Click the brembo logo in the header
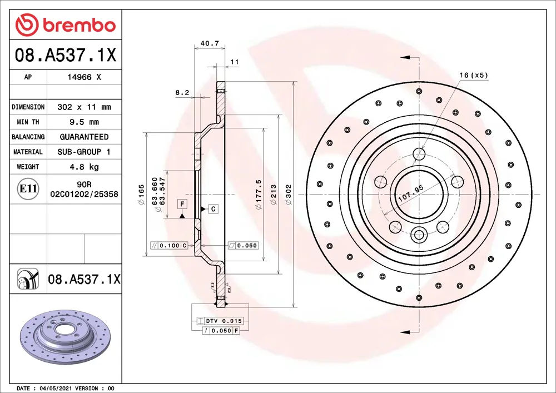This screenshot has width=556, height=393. pyautogui.click(x=66, y=25)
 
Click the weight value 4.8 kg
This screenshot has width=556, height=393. pyautogui.click(x=84, y=167)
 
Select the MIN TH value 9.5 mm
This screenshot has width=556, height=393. pyautogui.click(x=84, y=122)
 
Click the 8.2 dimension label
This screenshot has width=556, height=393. pyautogui.click(x=182, y=93)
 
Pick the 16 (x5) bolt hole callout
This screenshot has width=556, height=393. pyautogui.click(x=473, y=74)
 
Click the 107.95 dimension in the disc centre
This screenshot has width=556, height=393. pyautogui.click(x=411, y=192)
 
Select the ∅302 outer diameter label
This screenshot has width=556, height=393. pyautogui.click(x=288, y=195)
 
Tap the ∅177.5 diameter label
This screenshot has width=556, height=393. pyautogui.click(x=258, y=195)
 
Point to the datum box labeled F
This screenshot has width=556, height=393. pyautogui.click(x=182, y=205)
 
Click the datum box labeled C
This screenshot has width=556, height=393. pyautogui.click(x=213, y=209)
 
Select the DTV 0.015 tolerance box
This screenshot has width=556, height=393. pyautogui.click(x=220, y=321)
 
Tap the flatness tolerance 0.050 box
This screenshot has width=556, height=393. pyautogui.click(x=243, y=245)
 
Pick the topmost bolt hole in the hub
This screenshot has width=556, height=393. pyautogui.click(x=419, y=154)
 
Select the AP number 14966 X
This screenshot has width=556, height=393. pyautogui.click(x=84, y=77)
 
